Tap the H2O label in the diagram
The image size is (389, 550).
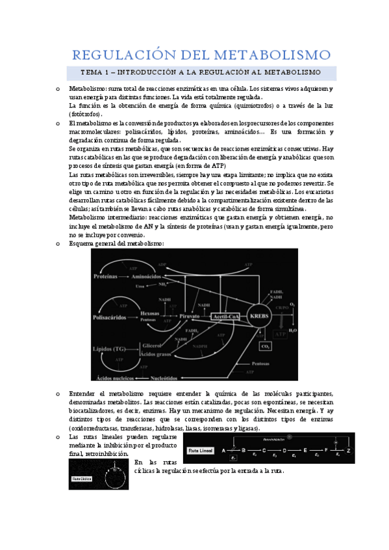(294, 331)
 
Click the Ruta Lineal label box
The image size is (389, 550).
(201, 449)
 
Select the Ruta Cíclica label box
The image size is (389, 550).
(81, 480)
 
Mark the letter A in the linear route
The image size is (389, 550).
(224, 449)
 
